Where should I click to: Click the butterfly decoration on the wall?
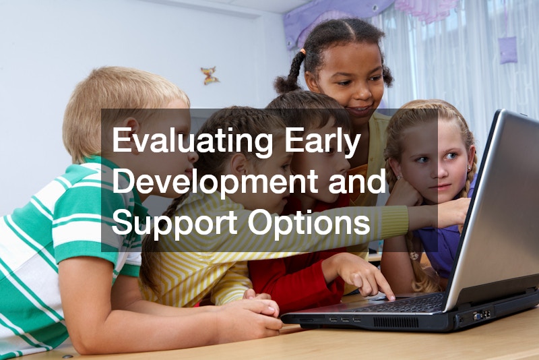pyautogui.click(x=210, y=75)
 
